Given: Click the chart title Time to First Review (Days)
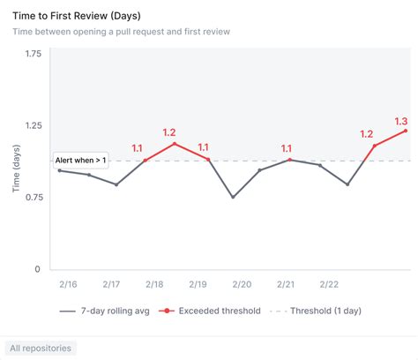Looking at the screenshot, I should click(76, 16).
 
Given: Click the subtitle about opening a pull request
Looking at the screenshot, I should click(122, 32).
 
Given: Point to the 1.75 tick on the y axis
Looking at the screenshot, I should click(33, 54).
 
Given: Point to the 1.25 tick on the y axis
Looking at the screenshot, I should click(33, 125).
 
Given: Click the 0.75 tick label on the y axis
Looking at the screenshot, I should click(33, 198).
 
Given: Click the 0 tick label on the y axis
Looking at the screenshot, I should click(38, 269).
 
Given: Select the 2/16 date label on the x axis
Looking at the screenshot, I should click(68, 284).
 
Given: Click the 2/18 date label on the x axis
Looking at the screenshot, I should click(154, 284).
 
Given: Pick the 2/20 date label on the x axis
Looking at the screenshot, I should click(242, 284).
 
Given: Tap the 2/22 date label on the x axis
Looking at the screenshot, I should click(329, 284).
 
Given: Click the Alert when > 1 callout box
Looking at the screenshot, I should click(81, 160).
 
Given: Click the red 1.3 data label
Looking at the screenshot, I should click(401, 121).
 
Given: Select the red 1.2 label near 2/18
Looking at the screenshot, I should click(169, 132).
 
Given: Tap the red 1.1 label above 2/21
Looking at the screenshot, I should click(286, 148).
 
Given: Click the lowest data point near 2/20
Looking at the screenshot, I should click(233, 197).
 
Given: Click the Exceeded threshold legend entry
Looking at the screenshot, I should click(209, 311).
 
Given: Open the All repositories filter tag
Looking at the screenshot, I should click(41, 349).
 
